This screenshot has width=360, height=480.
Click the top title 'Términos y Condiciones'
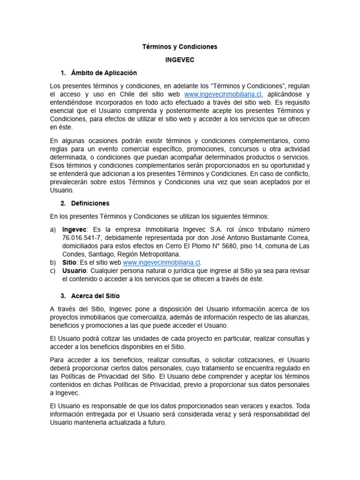pyautogui.click(x=180, y=47)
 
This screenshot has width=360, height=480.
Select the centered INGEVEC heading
pyautogui.click(x=180, y=60)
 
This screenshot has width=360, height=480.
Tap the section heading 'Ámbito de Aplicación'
pyautogui.click(x=104, y=73)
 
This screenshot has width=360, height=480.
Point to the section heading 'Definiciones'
pyautogui.click(x=90, y=203)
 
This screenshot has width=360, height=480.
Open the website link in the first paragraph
pyautogui.click(x=223, y=94)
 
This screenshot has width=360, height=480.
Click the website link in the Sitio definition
pyautogui.click(x=161, y=262)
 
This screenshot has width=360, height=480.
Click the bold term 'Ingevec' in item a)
pyautogui.click(x=75, y=229)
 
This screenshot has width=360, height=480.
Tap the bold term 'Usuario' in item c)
pyautogui.click(x=74, y=271)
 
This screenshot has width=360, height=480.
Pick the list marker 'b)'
pyautogui.click(x=53, y=262)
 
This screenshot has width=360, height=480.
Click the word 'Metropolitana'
pyautogui.click(x=158, y=255)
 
